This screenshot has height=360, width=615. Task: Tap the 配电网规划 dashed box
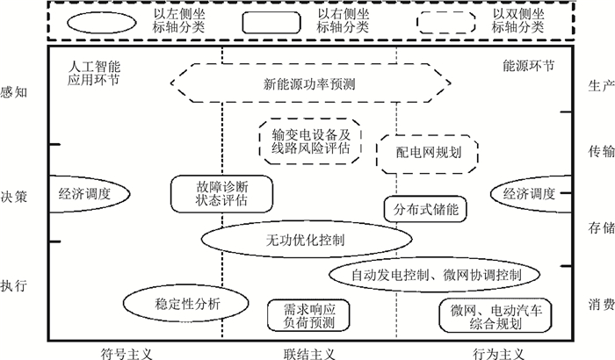click(426, 153)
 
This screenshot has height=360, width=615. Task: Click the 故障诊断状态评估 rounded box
click(221, 192)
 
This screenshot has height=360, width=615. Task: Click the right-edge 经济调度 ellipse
click(529, 193)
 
